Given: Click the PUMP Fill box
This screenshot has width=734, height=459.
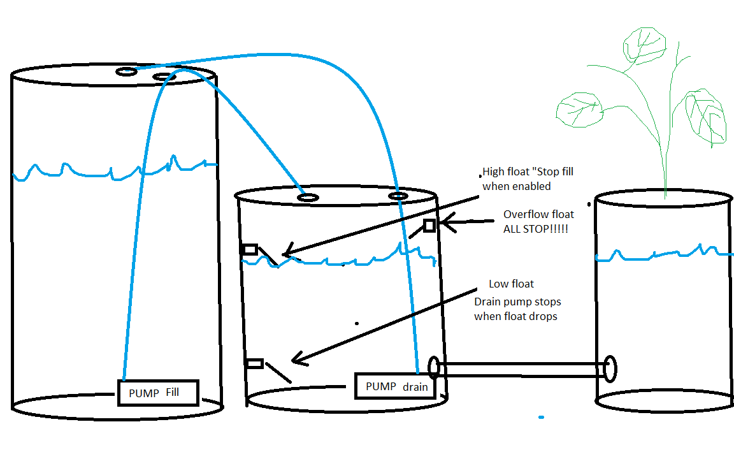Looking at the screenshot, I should pyautogui.click(x=158, y=393).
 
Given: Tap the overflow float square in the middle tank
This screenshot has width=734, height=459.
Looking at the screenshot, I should pyautogui.click(x=429, y=225).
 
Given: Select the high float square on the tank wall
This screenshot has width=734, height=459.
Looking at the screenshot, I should pyautogui.click(x=249, y=249).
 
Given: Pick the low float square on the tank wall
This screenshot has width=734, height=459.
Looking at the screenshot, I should pyautogui.click(x=254, y=363).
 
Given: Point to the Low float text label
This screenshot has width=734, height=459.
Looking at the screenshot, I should pyautogui.click(x=511, y=284).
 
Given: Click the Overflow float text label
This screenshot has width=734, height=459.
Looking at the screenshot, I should pyautogui.click(x=538, y=214).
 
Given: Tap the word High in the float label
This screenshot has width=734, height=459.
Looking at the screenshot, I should pyautogui.click(x=493, y=171).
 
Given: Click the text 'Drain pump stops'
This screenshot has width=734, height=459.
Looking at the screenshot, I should pyautogui.click(x=517, y=301).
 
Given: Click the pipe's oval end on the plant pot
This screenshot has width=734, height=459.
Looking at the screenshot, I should pyautogui.click(x=610, y=368).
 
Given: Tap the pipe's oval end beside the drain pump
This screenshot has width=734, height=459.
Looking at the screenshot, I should pyautogui.click(x=435, y=368).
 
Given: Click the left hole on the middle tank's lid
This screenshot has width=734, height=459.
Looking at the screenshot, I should pyautogui.click(x=308, y=198).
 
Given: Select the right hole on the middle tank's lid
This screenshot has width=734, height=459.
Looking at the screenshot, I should pyautogui.click(x=398, y=195).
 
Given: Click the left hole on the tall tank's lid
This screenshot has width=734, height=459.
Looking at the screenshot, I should pyautogui.click(x=126, y=72).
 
